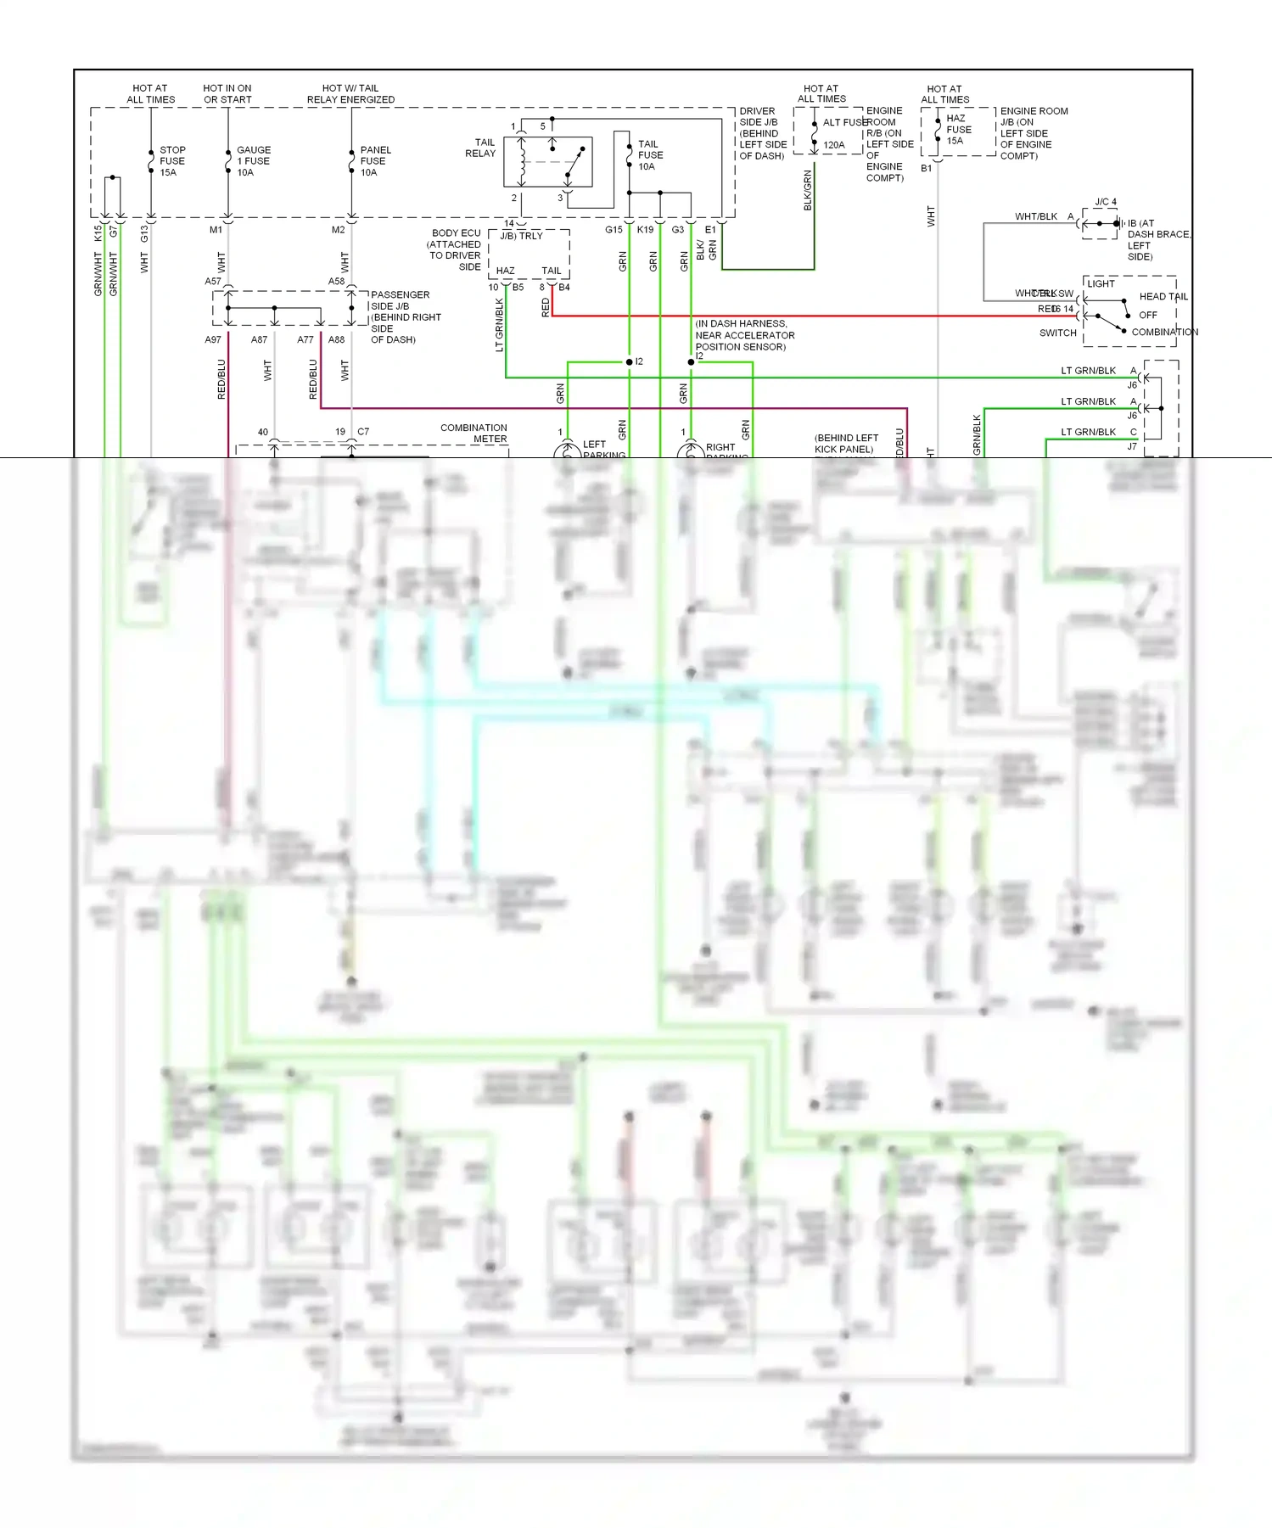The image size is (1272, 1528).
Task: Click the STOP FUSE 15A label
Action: point(172,161)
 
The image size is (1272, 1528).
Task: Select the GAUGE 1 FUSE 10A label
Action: point(253,161)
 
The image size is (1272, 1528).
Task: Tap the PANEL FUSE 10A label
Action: point(375,161)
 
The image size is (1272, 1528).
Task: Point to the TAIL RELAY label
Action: point(481,148)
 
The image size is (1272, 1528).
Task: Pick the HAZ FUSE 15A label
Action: point(958,130)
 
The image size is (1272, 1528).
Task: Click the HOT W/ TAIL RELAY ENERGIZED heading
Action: point(350,93)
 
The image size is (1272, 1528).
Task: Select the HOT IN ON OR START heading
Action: point(227,93)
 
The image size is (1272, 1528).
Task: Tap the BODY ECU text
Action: point(456,233)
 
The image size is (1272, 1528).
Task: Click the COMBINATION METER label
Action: point(473,434)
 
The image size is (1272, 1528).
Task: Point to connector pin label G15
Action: point(614,230)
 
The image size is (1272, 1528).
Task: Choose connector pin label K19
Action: point(645,230)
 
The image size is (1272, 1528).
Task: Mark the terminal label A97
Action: point(213,339)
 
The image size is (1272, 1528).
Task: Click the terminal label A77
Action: point(305,339)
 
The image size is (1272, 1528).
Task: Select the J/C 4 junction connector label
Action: point(1106,202)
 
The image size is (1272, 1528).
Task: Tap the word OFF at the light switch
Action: point(1147,315)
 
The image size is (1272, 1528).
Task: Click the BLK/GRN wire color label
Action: point(808,190)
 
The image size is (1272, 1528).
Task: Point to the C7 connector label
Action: point(363,432)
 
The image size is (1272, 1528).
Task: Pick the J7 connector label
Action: point(1132,446)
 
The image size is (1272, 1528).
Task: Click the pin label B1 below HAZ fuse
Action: point(927,168)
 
